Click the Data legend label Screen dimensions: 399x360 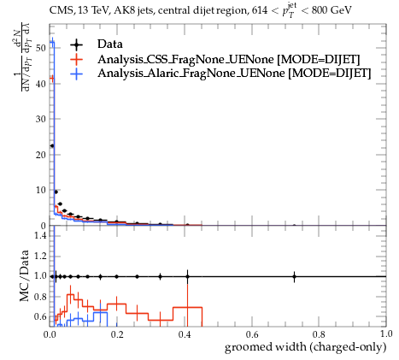pos(110,44)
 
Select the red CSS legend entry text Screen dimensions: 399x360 pos(229,59)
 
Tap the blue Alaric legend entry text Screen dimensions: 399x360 pos(234,74)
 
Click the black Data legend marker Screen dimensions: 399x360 pos(76,44)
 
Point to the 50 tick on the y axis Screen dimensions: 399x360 pos(41,48)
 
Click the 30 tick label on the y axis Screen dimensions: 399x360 pos(41,119)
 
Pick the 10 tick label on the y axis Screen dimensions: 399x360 pos(41,190)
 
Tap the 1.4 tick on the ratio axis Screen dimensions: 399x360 pos(40,235)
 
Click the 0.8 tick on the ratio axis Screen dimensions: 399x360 pos(40,297)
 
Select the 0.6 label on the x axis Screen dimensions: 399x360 pos(252,333)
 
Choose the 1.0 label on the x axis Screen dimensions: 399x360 pos(386,333)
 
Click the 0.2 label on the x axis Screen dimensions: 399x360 pos(117,333)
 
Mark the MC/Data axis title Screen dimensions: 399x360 pos(25,275)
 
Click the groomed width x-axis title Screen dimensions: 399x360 pos(305,347)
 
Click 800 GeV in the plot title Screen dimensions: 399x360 pos(332,10)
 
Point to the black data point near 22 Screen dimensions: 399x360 pos(52,146)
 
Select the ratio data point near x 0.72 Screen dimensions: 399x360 pos(294,276)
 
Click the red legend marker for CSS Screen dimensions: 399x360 pos(76,59)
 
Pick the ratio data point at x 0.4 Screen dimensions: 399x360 pos(187,276)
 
